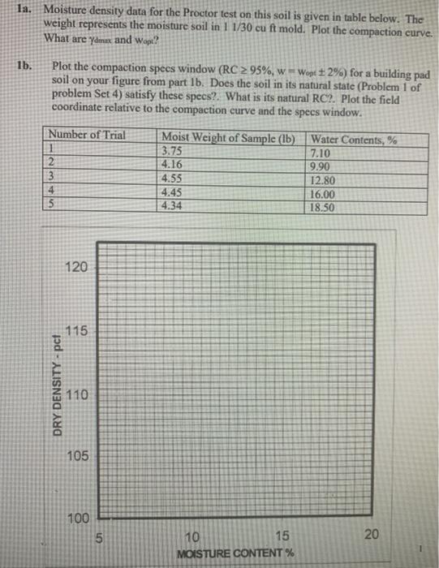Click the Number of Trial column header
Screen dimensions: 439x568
[88, 136]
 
